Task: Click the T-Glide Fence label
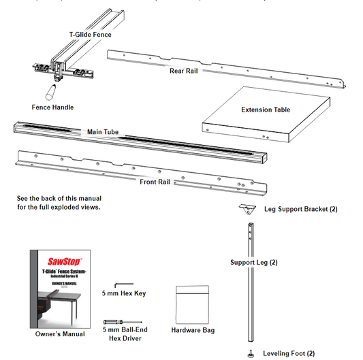(91, 34)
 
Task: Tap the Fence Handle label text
(52, 107)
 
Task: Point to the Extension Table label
(266, 110)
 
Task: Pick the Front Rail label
(156, 182)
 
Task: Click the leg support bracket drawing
(247, 208)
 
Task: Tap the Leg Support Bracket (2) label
(300, 209)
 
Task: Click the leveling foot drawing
(251, 352)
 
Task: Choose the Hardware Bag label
(194, 330)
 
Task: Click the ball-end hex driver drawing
(121, 322)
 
